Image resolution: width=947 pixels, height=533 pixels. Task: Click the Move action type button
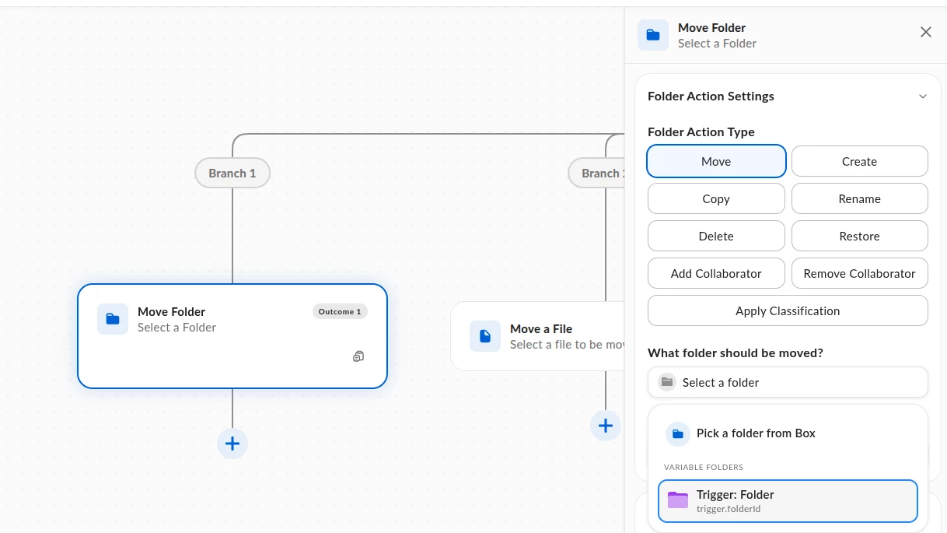(x=716, y=161)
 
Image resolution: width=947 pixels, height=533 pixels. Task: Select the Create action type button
(x=859, y=161)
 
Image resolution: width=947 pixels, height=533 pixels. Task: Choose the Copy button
(x=716, y=198)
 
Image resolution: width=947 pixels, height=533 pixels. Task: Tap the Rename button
(x=859, y=198)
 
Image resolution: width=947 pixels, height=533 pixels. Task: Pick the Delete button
(x=716, y=236)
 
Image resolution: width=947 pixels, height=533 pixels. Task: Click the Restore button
(x=859, y=236)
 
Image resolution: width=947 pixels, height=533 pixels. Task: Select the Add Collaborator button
(x=716, y=273)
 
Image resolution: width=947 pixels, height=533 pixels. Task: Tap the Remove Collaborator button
(x=859, y=273)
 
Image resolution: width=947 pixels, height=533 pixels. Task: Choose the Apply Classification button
(x=788, y=310)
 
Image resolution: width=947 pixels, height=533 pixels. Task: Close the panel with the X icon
(x=925, y=32)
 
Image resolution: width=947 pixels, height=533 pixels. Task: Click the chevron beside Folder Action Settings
(x=922, y=96)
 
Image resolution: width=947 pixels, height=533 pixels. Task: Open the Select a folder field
(x=788, y=382)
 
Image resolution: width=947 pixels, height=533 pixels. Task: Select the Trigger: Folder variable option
(x=788, y=501)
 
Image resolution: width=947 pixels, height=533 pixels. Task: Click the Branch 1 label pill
(x=232, y=173)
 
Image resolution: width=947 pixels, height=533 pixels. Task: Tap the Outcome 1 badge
(x=340, y=312)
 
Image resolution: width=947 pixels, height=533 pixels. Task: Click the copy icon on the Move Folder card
(x=358, y=356)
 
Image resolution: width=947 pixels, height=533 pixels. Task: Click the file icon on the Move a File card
(x=485, y=336)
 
